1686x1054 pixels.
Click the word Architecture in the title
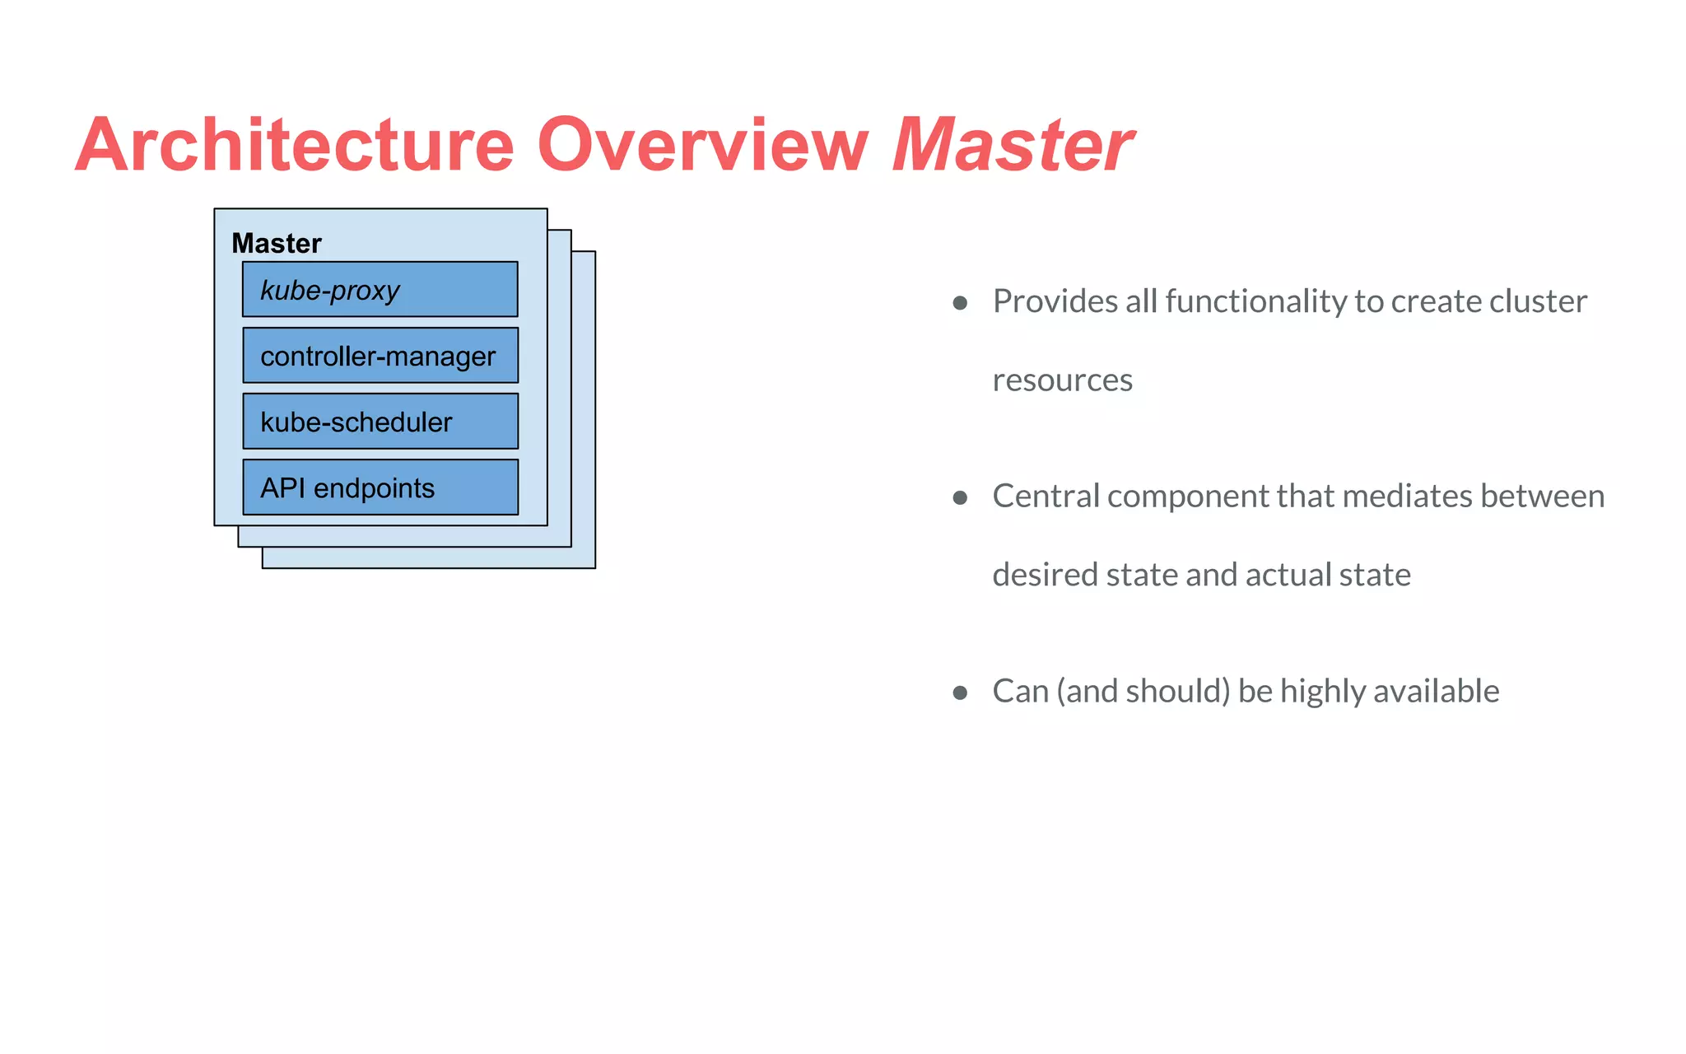click(x=295, y=145)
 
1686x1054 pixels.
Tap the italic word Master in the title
click(x=1012, y=145)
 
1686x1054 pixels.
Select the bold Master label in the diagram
click(x=277, y=244)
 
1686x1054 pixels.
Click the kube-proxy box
click(x=380, y=290)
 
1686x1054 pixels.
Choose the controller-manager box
click(x=380, y=356)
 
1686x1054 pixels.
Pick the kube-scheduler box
click(x=380, y=422)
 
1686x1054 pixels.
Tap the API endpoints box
click(x=380, y=487)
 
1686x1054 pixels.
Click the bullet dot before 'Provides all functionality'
click(x=959, y=303)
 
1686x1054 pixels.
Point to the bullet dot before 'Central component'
click(x=959, y=497)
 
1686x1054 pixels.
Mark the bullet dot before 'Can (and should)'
click(x=959, y=693)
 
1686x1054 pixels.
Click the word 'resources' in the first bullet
click(x=1062, y=380)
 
